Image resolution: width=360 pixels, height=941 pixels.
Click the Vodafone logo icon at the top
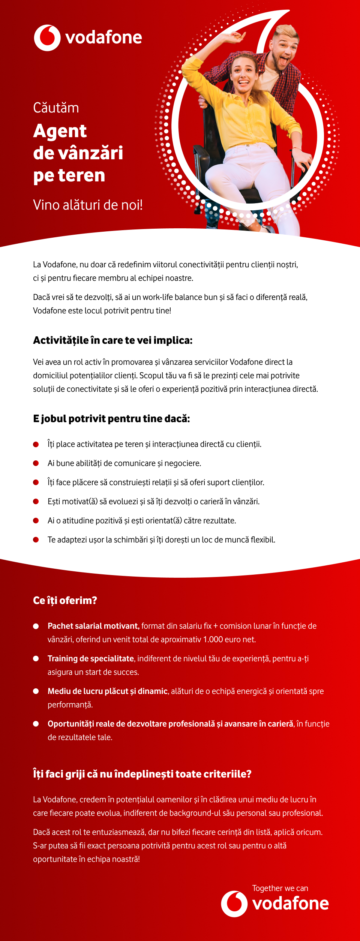pyautogui.click(x=47, y=38)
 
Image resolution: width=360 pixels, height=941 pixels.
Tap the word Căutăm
pyautogui.click(x=56, y=108)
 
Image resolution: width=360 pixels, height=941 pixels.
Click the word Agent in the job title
pyautogui.click(x=60, y=131)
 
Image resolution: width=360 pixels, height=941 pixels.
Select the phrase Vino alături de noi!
pyautogui.click(x=88, y=205)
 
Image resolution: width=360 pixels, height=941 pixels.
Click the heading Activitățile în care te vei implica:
pyautogui.click(x=112, y=340)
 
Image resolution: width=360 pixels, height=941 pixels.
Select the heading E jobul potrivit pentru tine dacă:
pyautogui.click(x=111, y=419)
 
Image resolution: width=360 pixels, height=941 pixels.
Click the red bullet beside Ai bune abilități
pyautogui.click(x=36, y=463)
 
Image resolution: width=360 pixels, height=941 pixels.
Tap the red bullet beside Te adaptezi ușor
pyautogui.click(x=36, y=540)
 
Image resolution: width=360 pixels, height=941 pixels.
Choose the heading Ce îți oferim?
pyautogui.click(x=65, y=601)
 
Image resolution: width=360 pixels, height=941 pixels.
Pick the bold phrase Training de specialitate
pyautogui.click(x=91, y=659)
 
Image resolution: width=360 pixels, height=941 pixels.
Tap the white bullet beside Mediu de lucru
pyautogui.click(x=36, y=691)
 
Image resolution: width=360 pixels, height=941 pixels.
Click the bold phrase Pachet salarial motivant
pyautogui.click(x=93, y=626)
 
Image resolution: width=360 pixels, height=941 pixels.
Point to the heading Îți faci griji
pyautogui.click(x=142, y=774)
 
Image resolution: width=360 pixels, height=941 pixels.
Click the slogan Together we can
pyautogui.click(x=280, y=889)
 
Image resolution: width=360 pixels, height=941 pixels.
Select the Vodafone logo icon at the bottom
pyautogui.click(x=234, y=904)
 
